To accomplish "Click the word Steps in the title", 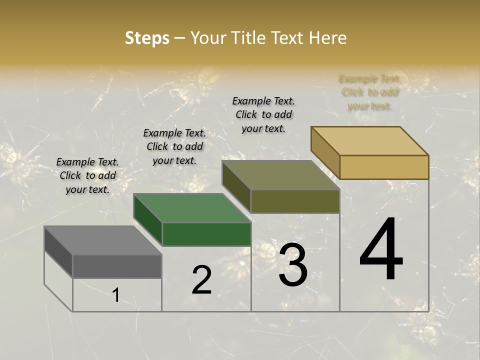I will pyautogui.click(x=147, y=38).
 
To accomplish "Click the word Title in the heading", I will pyautogui.click(x=250, y=38).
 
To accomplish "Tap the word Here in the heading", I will pyautogui.click(x=328, y=38).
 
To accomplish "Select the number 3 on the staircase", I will pyautogui.click(x=292, y=264).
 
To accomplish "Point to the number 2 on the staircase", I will pyautogui.click(x=201, y=280).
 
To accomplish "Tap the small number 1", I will pyautogui.click(x=116, y=295).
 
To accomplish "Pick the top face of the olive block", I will pyautogui.click(x=280, y=175).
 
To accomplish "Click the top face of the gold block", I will pyautogui.click(x=369, y=141).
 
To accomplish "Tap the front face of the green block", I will pyautogui.click(x=206, y=234).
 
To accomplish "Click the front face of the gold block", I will pyautogui.click(x=384, y=167).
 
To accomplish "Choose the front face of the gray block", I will pyautogui.click(x=117, y=266).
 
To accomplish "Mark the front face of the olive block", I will pyautogui.click(x=295, y=201).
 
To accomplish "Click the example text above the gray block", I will pyautogui.click(x=87, y=176).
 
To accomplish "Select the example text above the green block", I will pyautogui.click(x=174, y=147).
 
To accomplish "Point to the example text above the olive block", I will pyautogui.click(x=263, y=114).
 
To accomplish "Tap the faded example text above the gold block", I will pyautogui.click(x=369, y=92).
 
